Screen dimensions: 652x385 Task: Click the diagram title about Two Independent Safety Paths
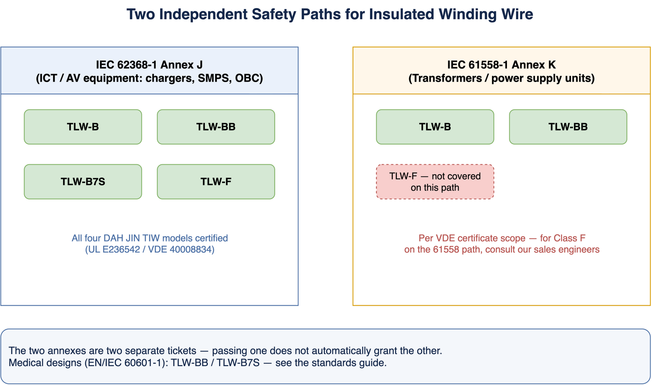tap(330, 14)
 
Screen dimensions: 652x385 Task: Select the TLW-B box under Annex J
tap(83, 127)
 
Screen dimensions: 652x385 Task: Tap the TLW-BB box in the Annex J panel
tap(216, 127)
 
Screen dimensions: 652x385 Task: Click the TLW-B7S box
tap(83, 182)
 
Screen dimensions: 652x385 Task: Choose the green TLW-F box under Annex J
tap(216, 182)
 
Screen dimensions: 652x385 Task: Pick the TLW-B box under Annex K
tap(435, 127)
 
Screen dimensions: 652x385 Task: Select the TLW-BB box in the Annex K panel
tap(568, 127)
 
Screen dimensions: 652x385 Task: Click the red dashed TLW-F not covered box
tap(435, 182)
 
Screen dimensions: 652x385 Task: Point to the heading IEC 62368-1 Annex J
tap(149, 65)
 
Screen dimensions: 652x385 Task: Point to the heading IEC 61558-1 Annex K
tap(501, 65)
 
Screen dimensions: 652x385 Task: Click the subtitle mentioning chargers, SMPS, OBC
tap(149, 79)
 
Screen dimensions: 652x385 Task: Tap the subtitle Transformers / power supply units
tap(501, 79)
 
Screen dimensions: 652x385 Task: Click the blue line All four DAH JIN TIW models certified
tap(150, 238)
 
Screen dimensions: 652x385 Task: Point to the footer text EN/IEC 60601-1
tap(126, 363)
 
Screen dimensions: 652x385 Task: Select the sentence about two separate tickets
tap(225, 351)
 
